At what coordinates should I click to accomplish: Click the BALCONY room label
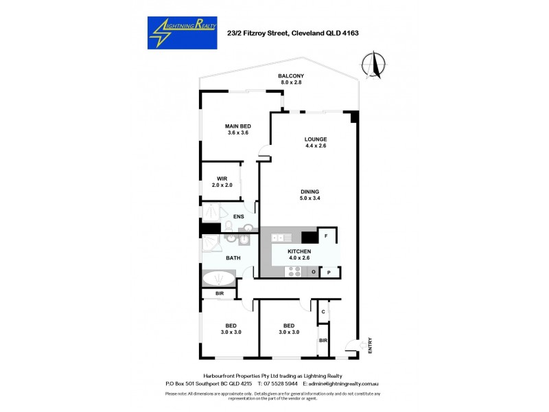(x=291, y=76)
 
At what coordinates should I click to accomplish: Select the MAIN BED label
(x=237, y=126)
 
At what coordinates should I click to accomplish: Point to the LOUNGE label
(x=316, y=139)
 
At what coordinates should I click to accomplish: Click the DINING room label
(x=310, y=192)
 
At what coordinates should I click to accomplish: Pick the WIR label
(x=222, y=179)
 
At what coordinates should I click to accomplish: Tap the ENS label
(x=239, y=217)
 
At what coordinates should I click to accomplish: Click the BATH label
(x=233, y=257)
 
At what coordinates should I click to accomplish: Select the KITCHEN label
(x=300, y=251)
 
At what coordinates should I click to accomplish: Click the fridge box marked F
(x=326, y=236)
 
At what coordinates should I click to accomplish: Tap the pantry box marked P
(x=329, y=273)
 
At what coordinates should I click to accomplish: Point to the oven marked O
(x=313, y=273)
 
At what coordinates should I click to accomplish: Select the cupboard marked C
(x=323, y=312)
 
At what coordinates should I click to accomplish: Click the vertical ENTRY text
(x=370, y=345)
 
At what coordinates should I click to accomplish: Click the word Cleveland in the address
(x=309, y=32)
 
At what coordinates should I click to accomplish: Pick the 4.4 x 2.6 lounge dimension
(x=316, y=146)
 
